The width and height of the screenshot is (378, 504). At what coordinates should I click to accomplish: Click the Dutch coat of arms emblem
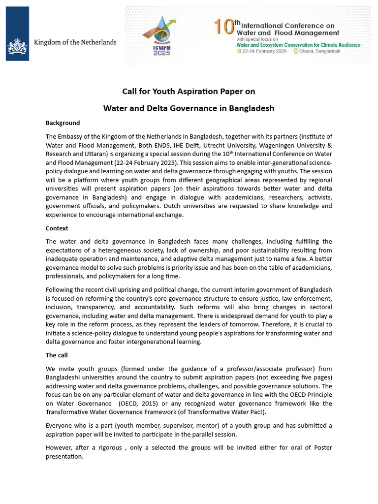(x=17, y=47)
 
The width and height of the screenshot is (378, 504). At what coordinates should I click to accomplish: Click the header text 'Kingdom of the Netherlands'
(x=75, y=42)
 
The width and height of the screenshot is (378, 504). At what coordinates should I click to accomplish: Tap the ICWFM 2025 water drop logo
(x=160, y=34)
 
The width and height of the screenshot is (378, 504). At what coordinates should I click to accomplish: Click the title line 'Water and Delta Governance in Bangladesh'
(x=189, y=108)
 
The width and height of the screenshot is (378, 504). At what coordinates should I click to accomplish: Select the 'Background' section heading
(x=63, y=123)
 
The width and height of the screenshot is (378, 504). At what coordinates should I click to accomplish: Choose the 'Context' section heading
(x=57, y=228)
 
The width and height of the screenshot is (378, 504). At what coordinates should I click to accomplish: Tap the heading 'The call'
(x=57, y=355)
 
